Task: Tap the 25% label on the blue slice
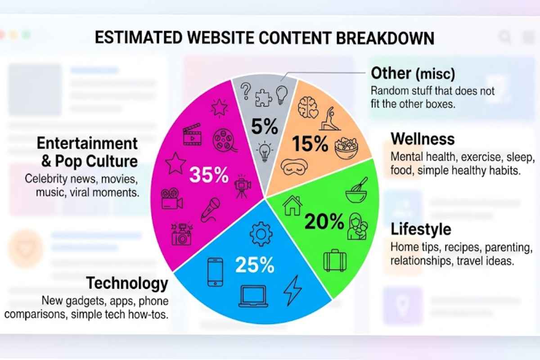pos(254,265)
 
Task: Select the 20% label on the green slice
pos(324,221)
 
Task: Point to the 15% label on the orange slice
pos(310,144)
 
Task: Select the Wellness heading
pos(423,139)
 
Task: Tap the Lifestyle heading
pos(421,229)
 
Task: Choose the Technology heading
pos(127,283)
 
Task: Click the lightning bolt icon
pos(292,291)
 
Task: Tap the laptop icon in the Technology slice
pos(253,297)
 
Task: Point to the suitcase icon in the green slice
pos(335,261)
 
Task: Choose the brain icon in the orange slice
pos(309,106)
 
